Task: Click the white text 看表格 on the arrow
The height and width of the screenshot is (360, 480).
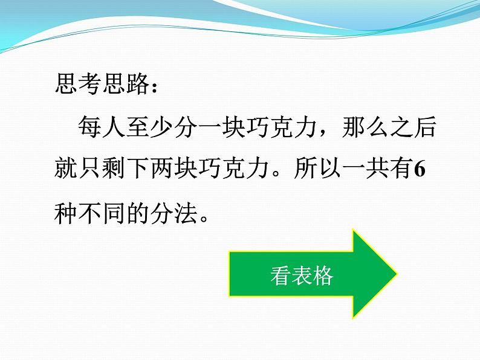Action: point(302,276)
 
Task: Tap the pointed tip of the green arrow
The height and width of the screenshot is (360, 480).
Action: point(395,274)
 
